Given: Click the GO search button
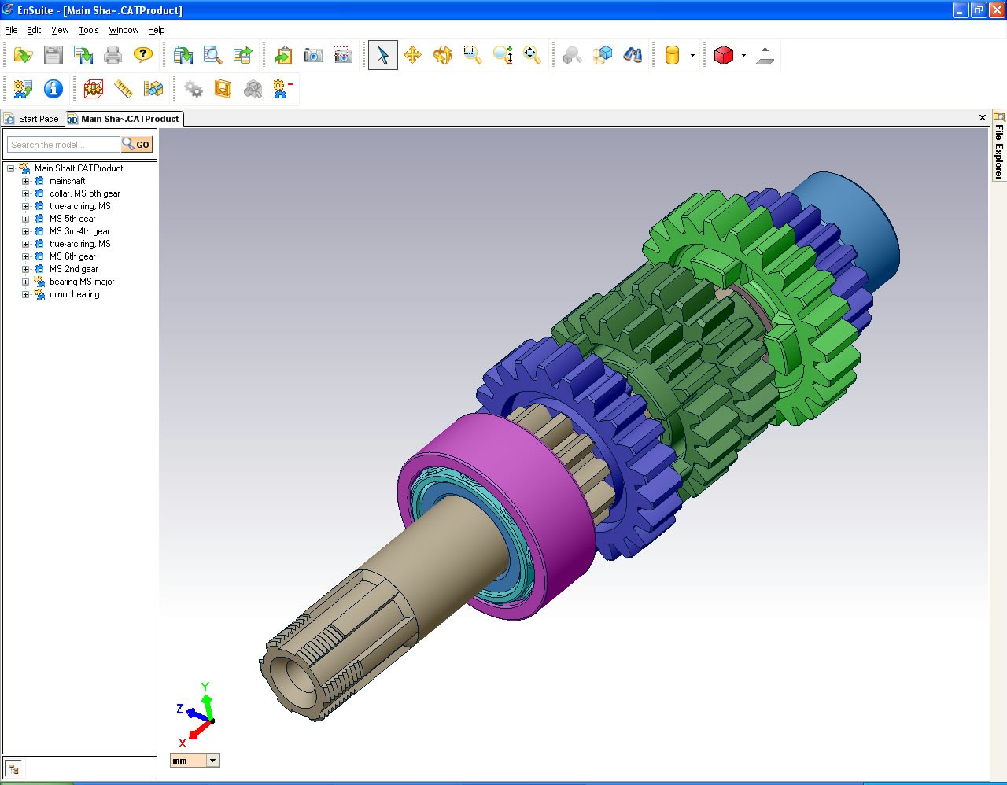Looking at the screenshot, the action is click(x=137, y=145).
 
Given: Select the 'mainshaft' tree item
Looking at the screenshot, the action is click(x=67, y=181).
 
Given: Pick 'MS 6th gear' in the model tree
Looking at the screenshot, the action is click(x=72, y=256).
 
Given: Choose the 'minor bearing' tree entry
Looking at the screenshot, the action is click(x=74, y=294).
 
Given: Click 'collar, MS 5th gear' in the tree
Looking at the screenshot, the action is click(x=84, y=193).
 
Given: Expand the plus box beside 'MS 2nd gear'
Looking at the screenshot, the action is click(x=25, y=269).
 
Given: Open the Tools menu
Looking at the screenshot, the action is click(x=89, y=30).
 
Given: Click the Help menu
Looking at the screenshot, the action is click(x=157, y=30).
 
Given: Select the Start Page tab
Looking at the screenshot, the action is click(x=32, y=119).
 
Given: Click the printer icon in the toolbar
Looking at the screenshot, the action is click(x=113, y=55).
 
